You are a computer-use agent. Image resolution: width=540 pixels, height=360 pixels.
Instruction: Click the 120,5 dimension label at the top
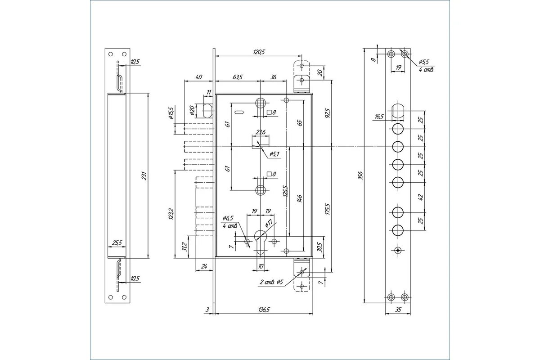click(259, 52)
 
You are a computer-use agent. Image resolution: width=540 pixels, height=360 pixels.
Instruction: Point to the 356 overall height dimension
click(360, 175)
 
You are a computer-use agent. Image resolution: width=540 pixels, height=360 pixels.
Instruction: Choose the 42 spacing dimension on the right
click(421, 197)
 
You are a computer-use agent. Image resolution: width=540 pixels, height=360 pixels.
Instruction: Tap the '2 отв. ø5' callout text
click(271, 282)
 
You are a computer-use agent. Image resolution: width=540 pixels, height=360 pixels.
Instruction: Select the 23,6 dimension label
click(261, 132)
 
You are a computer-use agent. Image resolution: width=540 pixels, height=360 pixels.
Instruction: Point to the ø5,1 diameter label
click(274, 154)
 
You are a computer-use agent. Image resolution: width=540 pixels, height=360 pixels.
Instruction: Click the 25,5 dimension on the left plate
click(117, 243)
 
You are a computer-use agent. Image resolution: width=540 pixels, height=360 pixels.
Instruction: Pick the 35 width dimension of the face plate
click(398, 310)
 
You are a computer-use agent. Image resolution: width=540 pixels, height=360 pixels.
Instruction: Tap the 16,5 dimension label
click(379, 117)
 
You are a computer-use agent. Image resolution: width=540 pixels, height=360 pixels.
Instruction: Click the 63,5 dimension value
click(238, 77)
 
